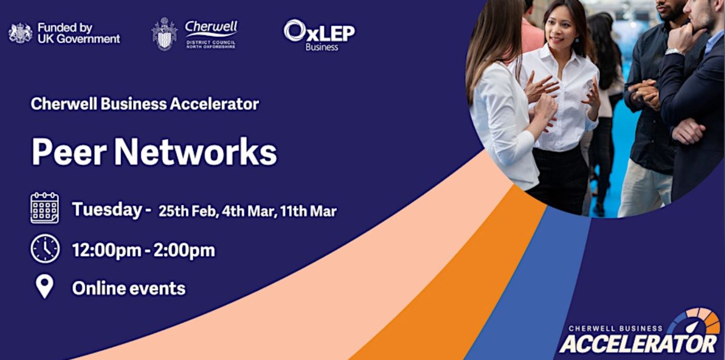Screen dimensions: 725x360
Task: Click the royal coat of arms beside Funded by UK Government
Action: click(20, 33)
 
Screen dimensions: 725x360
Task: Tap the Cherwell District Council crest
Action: click(165, 34)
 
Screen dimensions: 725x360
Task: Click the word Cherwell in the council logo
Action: click(211, 27)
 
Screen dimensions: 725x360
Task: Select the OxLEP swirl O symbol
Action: click(294, 31)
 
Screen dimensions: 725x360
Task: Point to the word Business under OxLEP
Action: click(322, 47)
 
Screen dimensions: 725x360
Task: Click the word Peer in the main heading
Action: click(69, 152)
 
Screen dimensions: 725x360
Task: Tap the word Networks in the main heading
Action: click(196, 152)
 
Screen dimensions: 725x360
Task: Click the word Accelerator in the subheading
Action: click(214, 104)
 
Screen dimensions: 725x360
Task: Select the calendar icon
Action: click(45, 207)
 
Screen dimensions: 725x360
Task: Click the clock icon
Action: click(45, 248)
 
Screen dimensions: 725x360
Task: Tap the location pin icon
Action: click(45, 286)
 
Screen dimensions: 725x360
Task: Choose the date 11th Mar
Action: click(308, 212)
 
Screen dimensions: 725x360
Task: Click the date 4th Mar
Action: click(249, 212)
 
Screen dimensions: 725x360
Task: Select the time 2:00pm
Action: click(184, 250)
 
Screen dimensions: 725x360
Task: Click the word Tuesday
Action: click(107, 209)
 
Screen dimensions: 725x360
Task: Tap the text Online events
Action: click(129, 288)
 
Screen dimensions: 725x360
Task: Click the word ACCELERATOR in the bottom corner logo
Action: click(638, 343)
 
